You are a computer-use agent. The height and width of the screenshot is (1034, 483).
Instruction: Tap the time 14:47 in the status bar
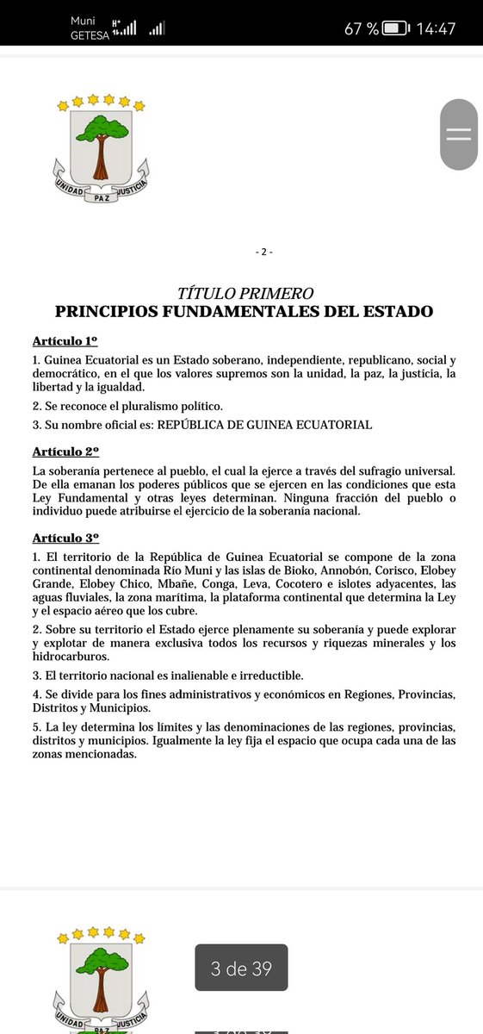coord(436,28)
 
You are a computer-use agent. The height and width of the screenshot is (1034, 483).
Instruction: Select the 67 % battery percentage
coord(362,28)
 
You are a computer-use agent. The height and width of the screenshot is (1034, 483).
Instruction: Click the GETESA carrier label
coord(90,35)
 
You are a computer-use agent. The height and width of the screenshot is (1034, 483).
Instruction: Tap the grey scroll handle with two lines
coord(459,134)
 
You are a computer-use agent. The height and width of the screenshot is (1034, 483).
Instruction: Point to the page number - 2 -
coord(264,252)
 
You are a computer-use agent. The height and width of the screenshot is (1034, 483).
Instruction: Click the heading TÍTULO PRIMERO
coord(244,294)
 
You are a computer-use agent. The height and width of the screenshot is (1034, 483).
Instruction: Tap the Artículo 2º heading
coord(65,452)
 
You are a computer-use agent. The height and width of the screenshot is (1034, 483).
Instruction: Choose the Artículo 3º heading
coord(65,537)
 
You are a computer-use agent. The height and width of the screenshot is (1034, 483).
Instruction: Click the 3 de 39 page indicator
coord(241,968)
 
